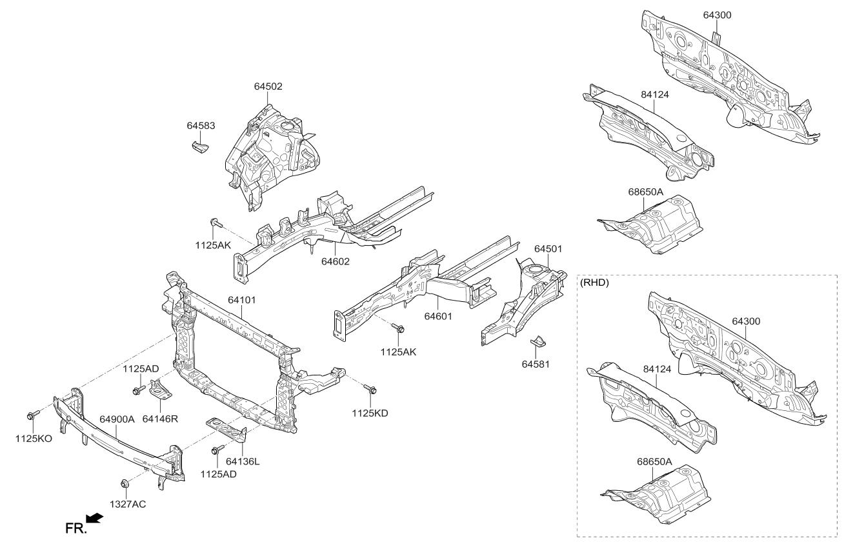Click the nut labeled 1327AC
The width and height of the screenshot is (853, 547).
pyautogui.click(x=124, y=483)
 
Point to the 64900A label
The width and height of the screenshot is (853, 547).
pyautogui.click(x=117, y=419)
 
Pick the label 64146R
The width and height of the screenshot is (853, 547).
pyautogui.click(x=160, y=419)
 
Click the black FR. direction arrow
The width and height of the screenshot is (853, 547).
pyautogui.click(x=95, y=519)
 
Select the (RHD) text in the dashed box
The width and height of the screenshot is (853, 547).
pyautogui.click(x=594, y=283)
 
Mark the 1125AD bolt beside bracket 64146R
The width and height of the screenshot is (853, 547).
pyautogui.click(x=137, y=390)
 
